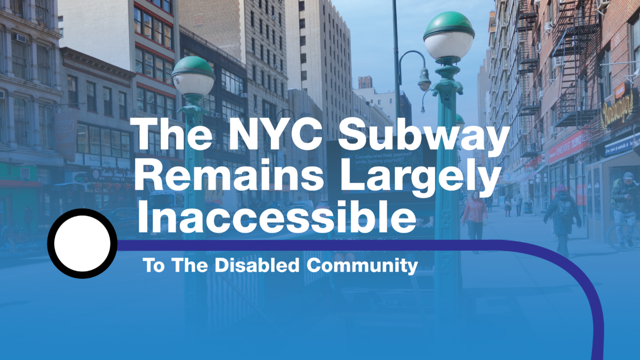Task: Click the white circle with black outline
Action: click(x=83, y=243)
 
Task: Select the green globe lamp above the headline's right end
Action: click(x=449, y=35)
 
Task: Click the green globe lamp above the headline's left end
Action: click(x=193, y=76)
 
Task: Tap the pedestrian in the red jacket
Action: click(x=474, y=213)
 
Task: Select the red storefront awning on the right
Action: click(x=568, y=145)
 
